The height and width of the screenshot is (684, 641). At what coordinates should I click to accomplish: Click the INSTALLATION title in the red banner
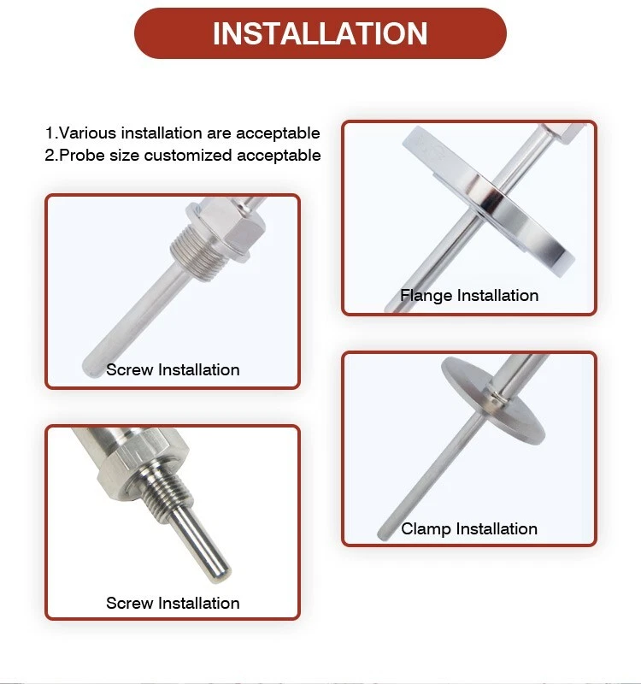coord(320,33)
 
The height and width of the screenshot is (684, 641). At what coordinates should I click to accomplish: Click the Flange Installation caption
coord(469,296)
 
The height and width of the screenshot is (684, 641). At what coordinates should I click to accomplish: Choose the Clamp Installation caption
coord(469,529)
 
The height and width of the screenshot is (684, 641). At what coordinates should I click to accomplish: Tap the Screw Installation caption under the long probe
coord(173,370)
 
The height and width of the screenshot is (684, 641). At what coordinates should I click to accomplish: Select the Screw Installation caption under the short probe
coord(173,604)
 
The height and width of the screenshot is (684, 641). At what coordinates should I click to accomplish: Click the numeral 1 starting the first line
coord(49,133)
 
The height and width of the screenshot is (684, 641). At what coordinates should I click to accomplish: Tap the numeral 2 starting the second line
coord(50,156)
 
